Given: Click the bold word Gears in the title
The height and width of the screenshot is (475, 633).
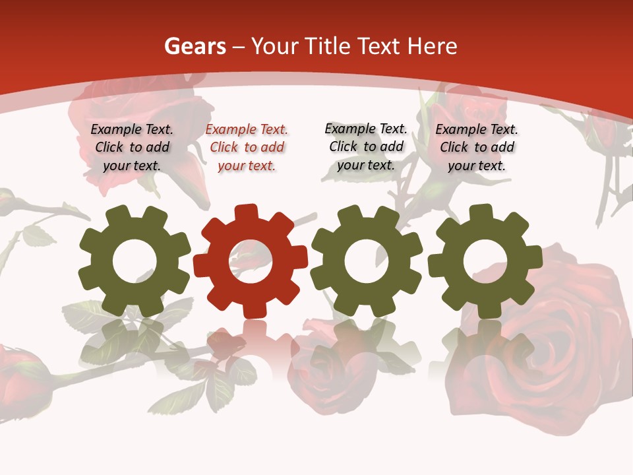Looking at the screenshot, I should pyautogui.click(x=194, y=47).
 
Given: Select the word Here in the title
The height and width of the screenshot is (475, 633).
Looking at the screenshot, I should pyautogui.click(x=433, y=47).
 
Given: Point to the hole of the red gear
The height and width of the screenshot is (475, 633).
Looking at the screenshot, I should pyautogui.click(x=251, y=261).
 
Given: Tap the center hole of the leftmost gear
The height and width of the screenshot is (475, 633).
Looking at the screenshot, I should pyautogui.click(x=135, y=261).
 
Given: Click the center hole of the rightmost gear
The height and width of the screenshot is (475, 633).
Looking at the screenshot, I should pyautogui.click(x=485, y=261).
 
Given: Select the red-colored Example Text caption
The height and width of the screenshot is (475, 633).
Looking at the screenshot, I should pyautogui.click(x=247, y=148).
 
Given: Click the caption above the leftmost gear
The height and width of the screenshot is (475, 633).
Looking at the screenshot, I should pyautogui.click(x=132, y=148).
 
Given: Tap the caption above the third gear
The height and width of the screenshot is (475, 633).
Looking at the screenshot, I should pyautogui.click(x=366, y=146).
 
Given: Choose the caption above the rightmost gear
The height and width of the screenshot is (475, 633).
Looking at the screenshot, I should pyautogui.click(x=477, y=148).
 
